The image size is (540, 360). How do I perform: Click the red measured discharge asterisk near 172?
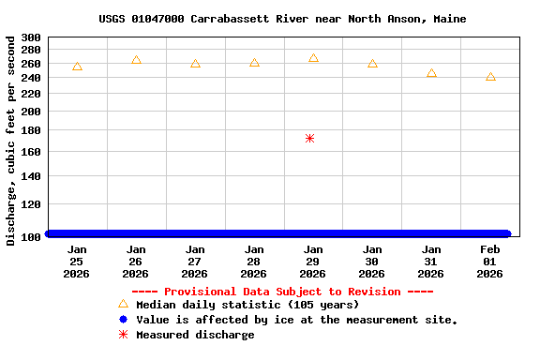point(309,139)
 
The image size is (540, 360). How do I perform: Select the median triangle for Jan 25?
point(77,67)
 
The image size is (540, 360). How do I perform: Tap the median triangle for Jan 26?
point(136,60)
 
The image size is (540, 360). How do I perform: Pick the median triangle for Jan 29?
point(313,58)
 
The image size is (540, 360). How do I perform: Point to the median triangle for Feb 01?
point(490,77)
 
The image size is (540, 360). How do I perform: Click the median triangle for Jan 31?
point(431,73)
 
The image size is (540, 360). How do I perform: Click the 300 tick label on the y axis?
point(30,38)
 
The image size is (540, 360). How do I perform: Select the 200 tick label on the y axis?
point(30,112)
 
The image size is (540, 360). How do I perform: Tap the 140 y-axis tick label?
point(30,176)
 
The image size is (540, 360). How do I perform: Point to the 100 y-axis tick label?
point(30,236)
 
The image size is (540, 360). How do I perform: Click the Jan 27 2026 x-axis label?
point(195,262)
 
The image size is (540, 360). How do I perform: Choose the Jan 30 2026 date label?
point(372,262)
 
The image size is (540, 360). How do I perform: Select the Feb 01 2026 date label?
point(490,262)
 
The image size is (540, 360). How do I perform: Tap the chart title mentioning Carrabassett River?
point(282,19)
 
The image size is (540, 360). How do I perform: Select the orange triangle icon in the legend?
point(123,304)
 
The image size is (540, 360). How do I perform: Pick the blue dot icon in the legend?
point(123,320)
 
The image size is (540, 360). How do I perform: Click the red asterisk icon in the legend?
point(123,335)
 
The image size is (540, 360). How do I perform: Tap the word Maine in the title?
point(449,19)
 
